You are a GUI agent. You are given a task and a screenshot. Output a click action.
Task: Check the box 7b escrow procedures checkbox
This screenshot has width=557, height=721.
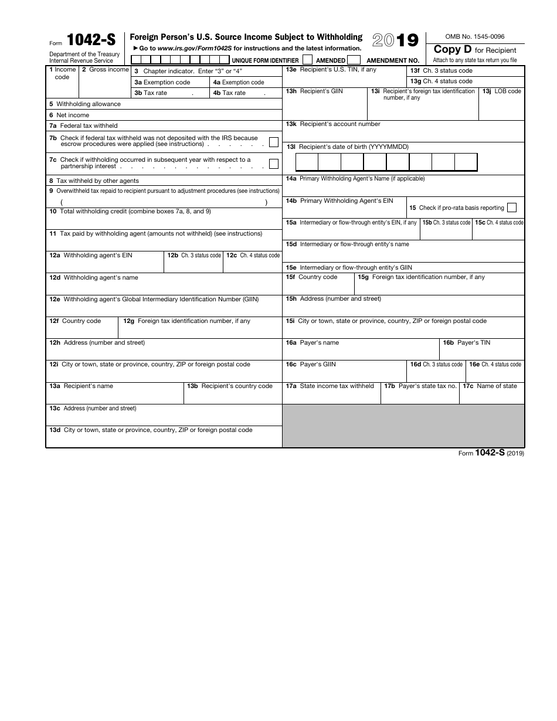(273, 141)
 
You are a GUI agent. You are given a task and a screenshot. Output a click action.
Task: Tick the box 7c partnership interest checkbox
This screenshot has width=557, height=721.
(273, 164)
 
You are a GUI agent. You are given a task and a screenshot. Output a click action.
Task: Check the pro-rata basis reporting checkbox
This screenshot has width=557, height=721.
(512, 208)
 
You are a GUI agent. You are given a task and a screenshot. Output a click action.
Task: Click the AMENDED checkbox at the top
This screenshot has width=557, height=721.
(354, 60)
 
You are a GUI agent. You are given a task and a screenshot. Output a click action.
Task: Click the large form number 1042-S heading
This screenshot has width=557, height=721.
(91, 40)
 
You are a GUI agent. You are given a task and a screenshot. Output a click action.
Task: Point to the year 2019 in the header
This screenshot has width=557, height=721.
(395, 40)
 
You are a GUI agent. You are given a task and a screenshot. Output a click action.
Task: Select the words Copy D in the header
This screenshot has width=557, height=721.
(453, 50)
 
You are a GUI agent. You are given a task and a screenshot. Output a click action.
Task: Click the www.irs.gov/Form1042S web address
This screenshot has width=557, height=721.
(195, 49)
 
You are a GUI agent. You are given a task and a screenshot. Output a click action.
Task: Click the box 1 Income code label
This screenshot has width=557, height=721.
(62, 73)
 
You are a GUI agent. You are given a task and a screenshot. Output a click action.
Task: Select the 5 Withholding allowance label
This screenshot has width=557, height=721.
(85, 104)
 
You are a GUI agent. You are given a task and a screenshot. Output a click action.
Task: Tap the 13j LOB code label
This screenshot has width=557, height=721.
(501, 91)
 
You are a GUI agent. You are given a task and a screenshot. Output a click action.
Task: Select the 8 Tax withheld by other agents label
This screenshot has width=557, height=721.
(94, 181)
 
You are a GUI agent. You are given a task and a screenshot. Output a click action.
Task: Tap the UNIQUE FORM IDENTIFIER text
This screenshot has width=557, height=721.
(265, 60)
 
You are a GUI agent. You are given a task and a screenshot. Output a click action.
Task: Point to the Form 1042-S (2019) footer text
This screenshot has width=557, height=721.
(491, 453)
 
